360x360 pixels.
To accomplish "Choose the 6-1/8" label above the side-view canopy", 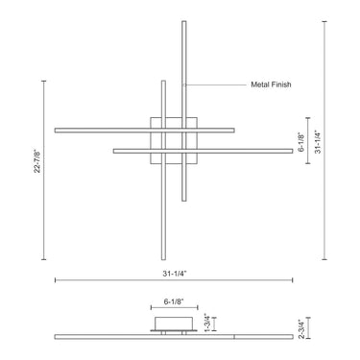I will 175,301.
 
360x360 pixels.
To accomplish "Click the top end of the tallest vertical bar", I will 183,21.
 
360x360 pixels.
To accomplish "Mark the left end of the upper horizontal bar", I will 58,130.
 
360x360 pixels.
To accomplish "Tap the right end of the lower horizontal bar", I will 290,150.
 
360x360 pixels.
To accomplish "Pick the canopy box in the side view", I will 175,322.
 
